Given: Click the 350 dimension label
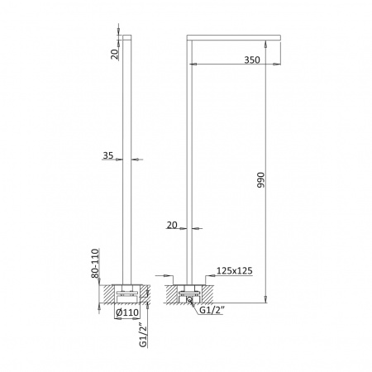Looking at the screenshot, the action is (252, 60).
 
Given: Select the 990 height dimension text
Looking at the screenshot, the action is (260, 180).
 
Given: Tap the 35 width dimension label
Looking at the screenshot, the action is (108, 155).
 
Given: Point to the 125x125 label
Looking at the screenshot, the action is (235, 270).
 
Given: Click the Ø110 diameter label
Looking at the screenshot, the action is (127, 312).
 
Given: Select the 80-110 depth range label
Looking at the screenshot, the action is (95, 264).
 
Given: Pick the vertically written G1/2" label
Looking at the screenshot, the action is (143, 335).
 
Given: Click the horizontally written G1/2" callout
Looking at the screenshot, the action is (211, 310).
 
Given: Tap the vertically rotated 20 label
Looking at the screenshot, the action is (115, 54).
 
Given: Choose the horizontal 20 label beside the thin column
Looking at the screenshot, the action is (172, 225).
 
